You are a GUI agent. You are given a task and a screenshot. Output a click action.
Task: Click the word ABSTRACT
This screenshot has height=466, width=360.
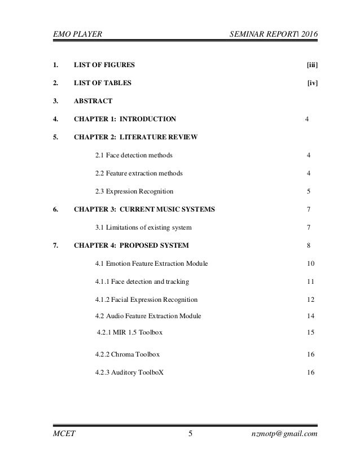coord(93,101)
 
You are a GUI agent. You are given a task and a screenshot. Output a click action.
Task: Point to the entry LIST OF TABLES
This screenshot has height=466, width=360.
coord(103,83)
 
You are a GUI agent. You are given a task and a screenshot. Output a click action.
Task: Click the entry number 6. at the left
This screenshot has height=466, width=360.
coord(55,209)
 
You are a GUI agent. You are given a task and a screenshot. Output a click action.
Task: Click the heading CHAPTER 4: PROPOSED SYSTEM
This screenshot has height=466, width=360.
coord(131,245)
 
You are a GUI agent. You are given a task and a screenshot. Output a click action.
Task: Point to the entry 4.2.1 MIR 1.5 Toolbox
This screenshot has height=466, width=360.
coord(130,332)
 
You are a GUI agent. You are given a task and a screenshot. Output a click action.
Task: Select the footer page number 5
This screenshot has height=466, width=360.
coord(190,433)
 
